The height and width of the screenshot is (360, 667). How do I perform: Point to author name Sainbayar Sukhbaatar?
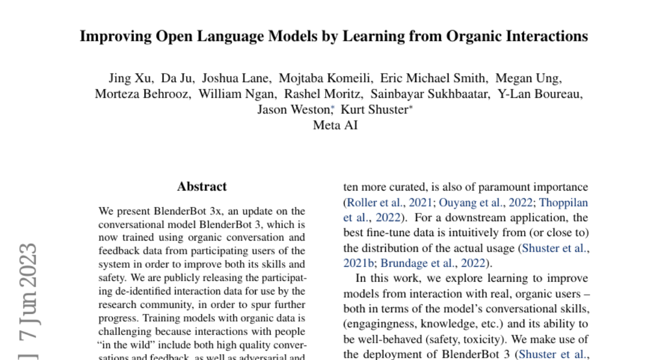430,94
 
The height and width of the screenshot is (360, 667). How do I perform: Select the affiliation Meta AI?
335,125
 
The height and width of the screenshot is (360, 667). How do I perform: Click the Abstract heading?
202,187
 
